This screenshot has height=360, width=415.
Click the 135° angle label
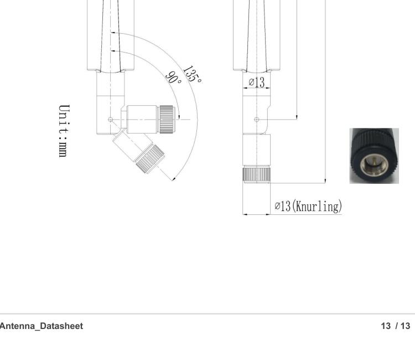[193, 73]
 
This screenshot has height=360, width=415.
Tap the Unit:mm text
[65, 130]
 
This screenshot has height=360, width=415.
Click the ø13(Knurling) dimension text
[308, 207]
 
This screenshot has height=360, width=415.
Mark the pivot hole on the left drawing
[111, 119]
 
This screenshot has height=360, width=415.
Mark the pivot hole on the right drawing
[256, 119]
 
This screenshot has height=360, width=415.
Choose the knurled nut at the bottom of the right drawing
[256, 174]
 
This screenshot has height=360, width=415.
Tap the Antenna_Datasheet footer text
[41, 326]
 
